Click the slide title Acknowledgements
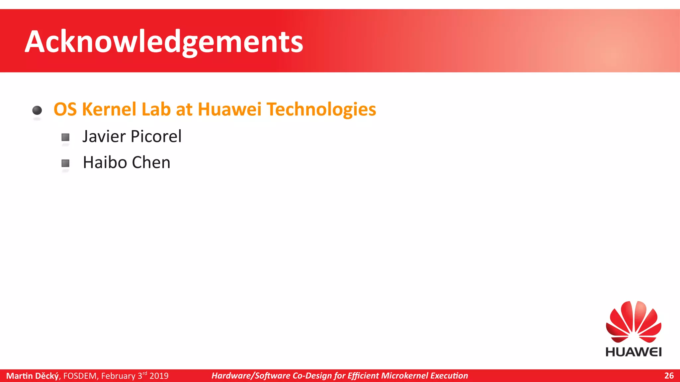click(x=164, y=42)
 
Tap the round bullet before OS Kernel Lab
click(x=37, y=110)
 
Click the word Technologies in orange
click(x=321, y=110)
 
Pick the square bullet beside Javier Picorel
click(x=65, y=137)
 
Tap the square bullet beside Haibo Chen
click(x=65, y=163)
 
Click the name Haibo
click(x=105, y=162)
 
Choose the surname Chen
click(x=151, y=162)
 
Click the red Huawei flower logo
click(x=634, y=322)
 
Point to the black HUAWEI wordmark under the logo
click(x=634, y=352)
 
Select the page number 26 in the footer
click(x=669, y=376)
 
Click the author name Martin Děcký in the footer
click(x=33, y=376)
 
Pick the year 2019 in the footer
click(x=159, y=376)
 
